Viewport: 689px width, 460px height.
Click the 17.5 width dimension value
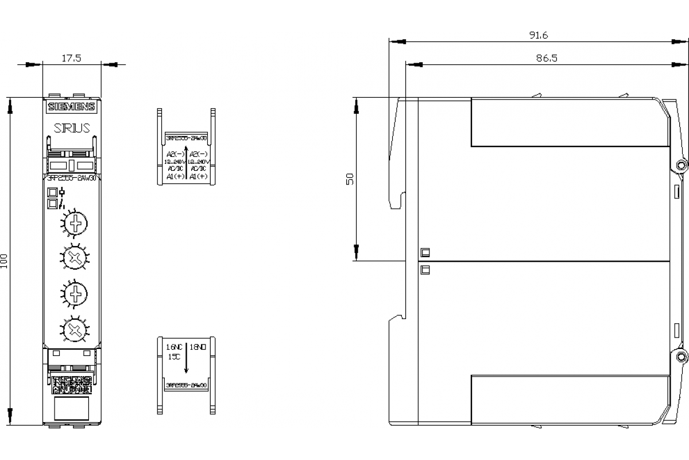(x=71, y=57)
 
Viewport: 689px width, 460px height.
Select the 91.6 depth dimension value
(x=539, y=35)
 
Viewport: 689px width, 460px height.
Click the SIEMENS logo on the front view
(x=72, y=107)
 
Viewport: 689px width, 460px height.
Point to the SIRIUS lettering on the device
(x=72, y=128)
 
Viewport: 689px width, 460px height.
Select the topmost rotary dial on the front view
(x=73, y=221)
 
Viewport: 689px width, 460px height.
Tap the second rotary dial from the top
(x=73, y=257)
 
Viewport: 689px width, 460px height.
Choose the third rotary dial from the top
(x=73, y=294)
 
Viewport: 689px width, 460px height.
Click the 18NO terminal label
(x=198, y=347)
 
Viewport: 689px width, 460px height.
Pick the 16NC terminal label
(x=174, y=347)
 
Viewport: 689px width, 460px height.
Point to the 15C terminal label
(x=174, y=356)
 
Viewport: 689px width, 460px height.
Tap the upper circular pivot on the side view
(x=682, y=165)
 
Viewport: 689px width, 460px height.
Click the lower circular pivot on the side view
(x=682, y=355)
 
